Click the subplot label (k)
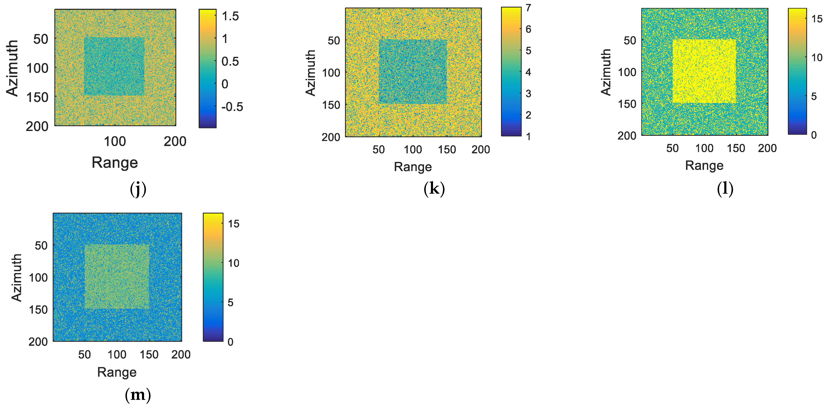[x=434, y=189]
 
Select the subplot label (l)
[x=725, y=189]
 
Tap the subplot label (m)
[x=138, y=395]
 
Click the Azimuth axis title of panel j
[x=12, y=68]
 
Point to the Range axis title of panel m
[x=117, y=372]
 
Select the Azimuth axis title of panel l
[x=606, y=72]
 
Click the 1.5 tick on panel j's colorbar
[x=230, y=16]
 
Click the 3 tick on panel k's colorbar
[x=528, y=93]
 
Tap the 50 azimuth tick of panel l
[x=630, y=41]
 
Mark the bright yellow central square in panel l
[x=704, y=71]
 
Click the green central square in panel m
[x=117, y=277]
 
